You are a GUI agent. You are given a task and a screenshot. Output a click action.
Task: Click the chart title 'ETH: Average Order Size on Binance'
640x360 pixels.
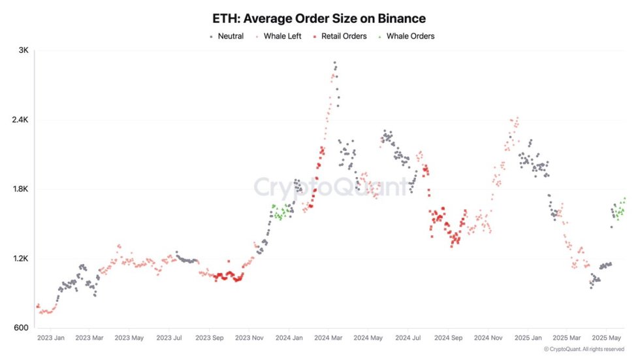(x=319, y=19)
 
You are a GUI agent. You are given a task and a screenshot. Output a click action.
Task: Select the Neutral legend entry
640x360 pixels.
(x=226, y=36)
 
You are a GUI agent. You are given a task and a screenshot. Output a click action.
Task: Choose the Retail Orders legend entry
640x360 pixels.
(x=340, y=36)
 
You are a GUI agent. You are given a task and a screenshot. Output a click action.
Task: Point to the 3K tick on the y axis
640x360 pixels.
(x=23, y=51)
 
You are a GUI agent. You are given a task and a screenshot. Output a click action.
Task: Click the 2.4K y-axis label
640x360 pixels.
(x=20, y=120)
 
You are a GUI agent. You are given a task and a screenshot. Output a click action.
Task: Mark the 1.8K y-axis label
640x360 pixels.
(x=20, y=189)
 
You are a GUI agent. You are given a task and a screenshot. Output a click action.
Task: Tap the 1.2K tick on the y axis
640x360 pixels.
(x=20, y=259)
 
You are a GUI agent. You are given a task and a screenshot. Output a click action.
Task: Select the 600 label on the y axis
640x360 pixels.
(x=22, y=328)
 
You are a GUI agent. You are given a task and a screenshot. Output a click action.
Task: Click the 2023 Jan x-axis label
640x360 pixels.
(x=51, y=338)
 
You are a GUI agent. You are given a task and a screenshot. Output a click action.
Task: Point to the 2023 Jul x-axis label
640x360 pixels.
(x=170, y=338)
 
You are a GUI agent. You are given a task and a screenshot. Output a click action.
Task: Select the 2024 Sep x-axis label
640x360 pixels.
(x=449, y=338)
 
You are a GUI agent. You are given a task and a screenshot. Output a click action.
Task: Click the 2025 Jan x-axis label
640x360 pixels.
(x=528, y=338)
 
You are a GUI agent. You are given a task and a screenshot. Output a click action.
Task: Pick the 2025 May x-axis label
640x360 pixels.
(x=607, y=338)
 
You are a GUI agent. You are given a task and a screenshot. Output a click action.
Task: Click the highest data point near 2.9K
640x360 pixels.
(x=335, y=63)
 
